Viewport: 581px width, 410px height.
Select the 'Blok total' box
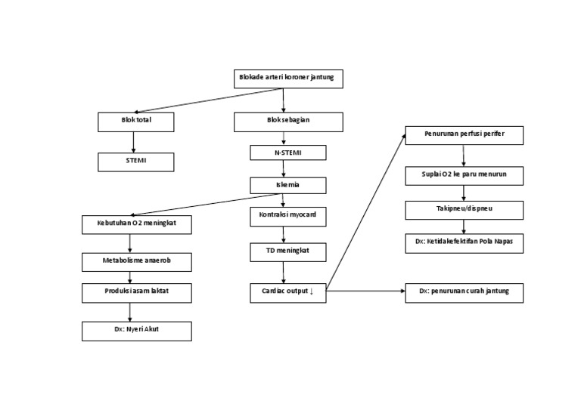coord(136,122)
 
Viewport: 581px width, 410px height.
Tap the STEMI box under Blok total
coord(136,162)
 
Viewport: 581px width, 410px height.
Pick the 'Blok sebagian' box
coord(288,122)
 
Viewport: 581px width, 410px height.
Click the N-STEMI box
coord(288,153)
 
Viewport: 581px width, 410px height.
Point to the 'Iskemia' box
coord(288,185)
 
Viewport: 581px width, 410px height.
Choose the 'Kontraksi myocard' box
coord(288,217)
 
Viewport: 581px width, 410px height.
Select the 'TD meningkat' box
coord(288,251)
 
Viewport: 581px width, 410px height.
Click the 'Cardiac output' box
coord(288,293)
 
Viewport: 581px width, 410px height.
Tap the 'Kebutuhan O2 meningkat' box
coord(137,224)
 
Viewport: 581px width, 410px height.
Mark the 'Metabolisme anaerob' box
coord(137,261)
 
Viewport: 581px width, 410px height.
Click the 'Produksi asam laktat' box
coord(137,293)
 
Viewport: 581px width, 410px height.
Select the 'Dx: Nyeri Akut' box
coord(137,331)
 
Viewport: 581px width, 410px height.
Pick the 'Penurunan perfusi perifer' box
coord(464,136)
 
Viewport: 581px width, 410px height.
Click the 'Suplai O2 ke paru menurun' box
coord(464,176)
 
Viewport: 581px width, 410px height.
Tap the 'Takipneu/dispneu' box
coord(464,209)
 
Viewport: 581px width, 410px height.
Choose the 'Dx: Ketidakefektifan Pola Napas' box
coord(464,242)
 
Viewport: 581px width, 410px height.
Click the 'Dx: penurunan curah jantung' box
coord(464,293)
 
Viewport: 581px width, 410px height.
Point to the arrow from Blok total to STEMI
coord(134,142)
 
